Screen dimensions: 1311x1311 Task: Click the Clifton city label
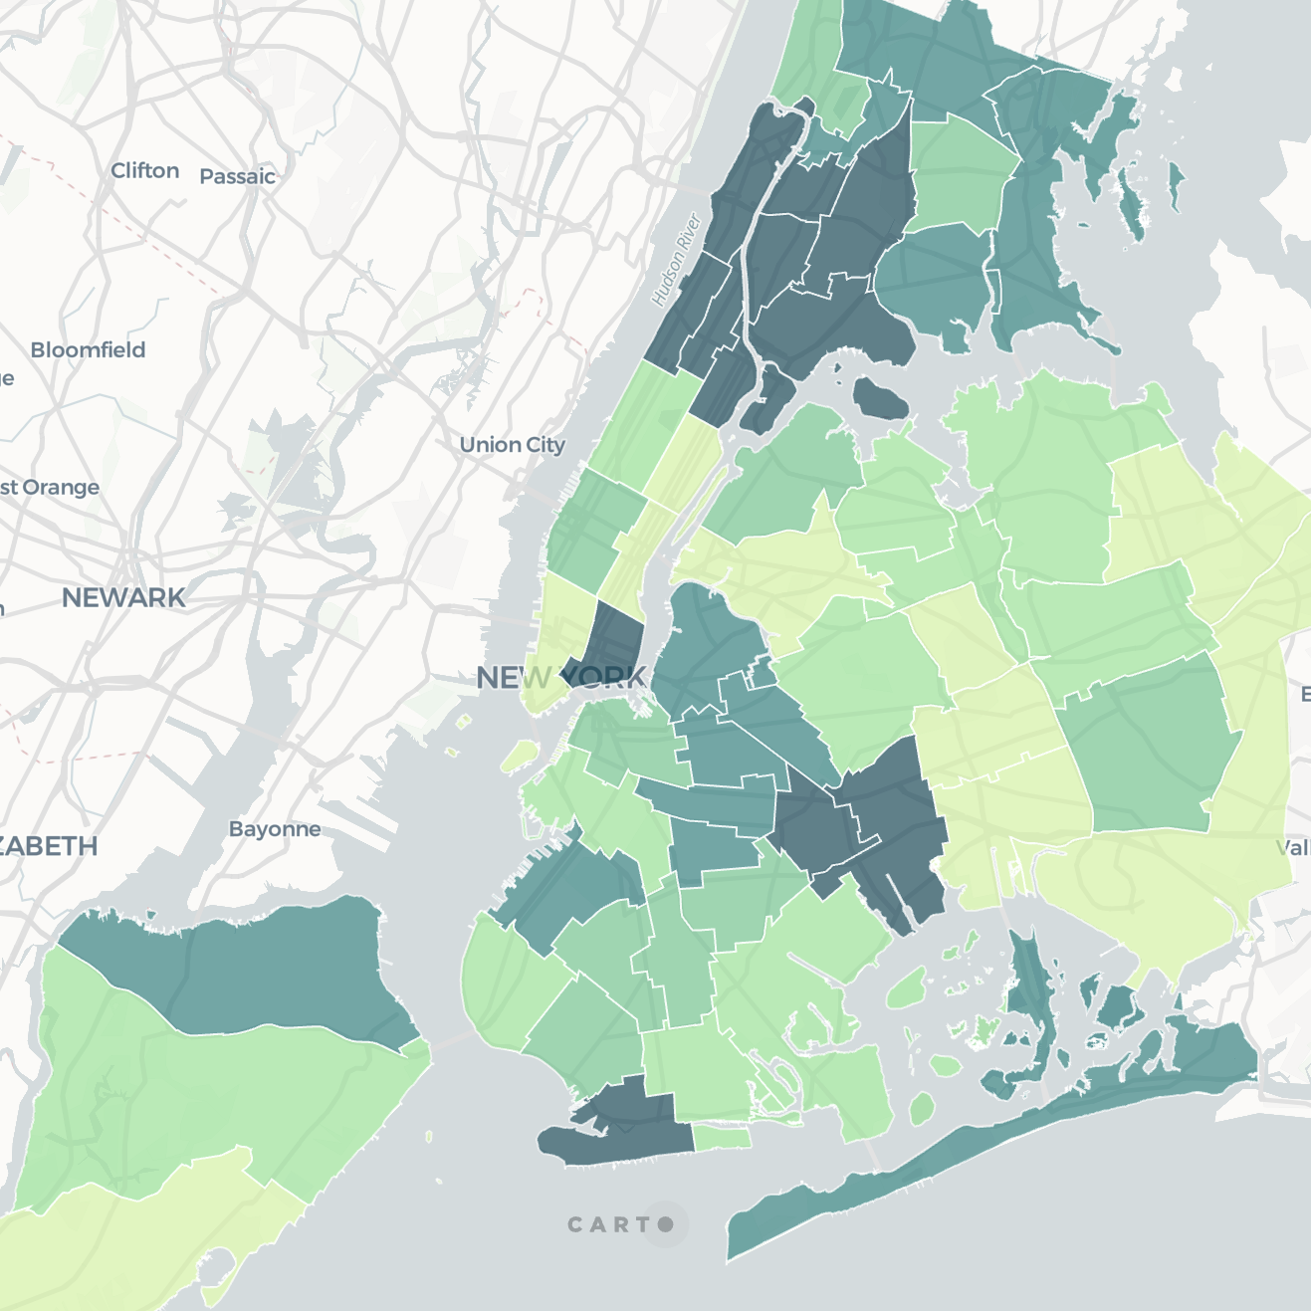point(145,171)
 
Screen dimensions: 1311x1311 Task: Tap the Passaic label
point(237,177)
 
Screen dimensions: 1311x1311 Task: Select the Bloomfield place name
point(88,350)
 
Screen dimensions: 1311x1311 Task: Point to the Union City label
point(512,445)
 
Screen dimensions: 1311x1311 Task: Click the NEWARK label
point(123,597)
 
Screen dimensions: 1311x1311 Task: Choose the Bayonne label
point(275,829)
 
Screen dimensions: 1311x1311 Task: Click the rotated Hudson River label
point(677,260)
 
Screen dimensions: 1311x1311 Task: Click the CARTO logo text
point(610,1224)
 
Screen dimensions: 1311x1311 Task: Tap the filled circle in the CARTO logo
point(665,1224)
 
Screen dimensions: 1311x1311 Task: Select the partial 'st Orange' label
point(50,488)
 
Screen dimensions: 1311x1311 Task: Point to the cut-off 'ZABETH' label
point(48,847)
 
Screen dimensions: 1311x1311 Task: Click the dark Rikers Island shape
point(880,399)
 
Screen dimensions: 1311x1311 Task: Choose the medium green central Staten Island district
point(199,1095)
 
